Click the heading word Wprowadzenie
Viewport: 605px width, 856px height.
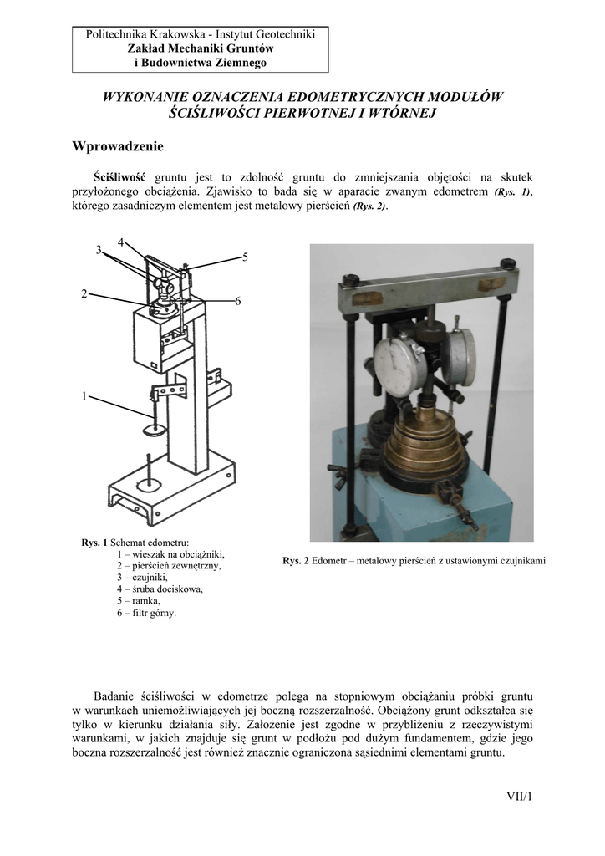pos(118,146)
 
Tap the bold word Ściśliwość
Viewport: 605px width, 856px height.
pos(120,177)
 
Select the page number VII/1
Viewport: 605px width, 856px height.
pos(518,796)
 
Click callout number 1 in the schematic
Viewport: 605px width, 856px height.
pos(84,396)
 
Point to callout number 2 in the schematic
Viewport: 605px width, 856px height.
pos(84,293)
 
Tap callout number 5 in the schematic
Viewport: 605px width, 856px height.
pos(245,257)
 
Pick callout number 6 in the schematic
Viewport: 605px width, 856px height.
pos(237,301)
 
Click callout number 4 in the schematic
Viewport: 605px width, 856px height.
pos(121,242)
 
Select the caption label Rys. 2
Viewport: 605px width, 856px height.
pos(296,560)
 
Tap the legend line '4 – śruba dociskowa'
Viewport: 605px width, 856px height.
pos(160,588)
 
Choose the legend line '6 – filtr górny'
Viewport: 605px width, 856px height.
pos(146,612)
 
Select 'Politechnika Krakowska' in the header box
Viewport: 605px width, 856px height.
pos(148,35)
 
